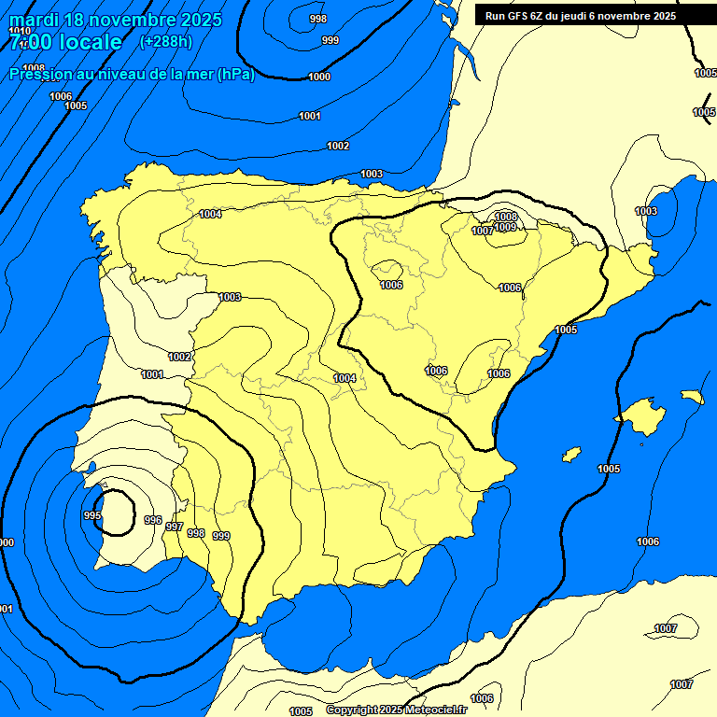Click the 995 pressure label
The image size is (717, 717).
click(91, 515)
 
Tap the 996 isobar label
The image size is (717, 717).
click(153, 521)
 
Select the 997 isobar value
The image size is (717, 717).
click(174, 527)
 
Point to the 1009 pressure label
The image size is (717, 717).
click(505, 227)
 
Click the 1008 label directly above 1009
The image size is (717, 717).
click(506, 217)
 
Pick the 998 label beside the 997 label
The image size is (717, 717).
click(196, 533)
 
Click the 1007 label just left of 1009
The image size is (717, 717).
click(483, 231)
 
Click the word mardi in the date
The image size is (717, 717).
click(35, 20)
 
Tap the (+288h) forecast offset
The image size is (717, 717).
click(165, 41)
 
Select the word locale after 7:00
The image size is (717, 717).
click(88, 42)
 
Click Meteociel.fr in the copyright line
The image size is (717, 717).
click(435, 710)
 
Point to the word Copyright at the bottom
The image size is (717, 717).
click(351, 710)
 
